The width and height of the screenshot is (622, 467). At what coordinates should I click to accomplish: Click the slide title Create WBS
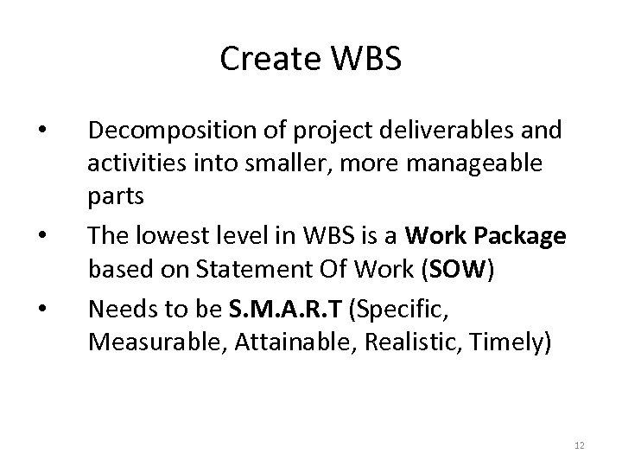[310, 59]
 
